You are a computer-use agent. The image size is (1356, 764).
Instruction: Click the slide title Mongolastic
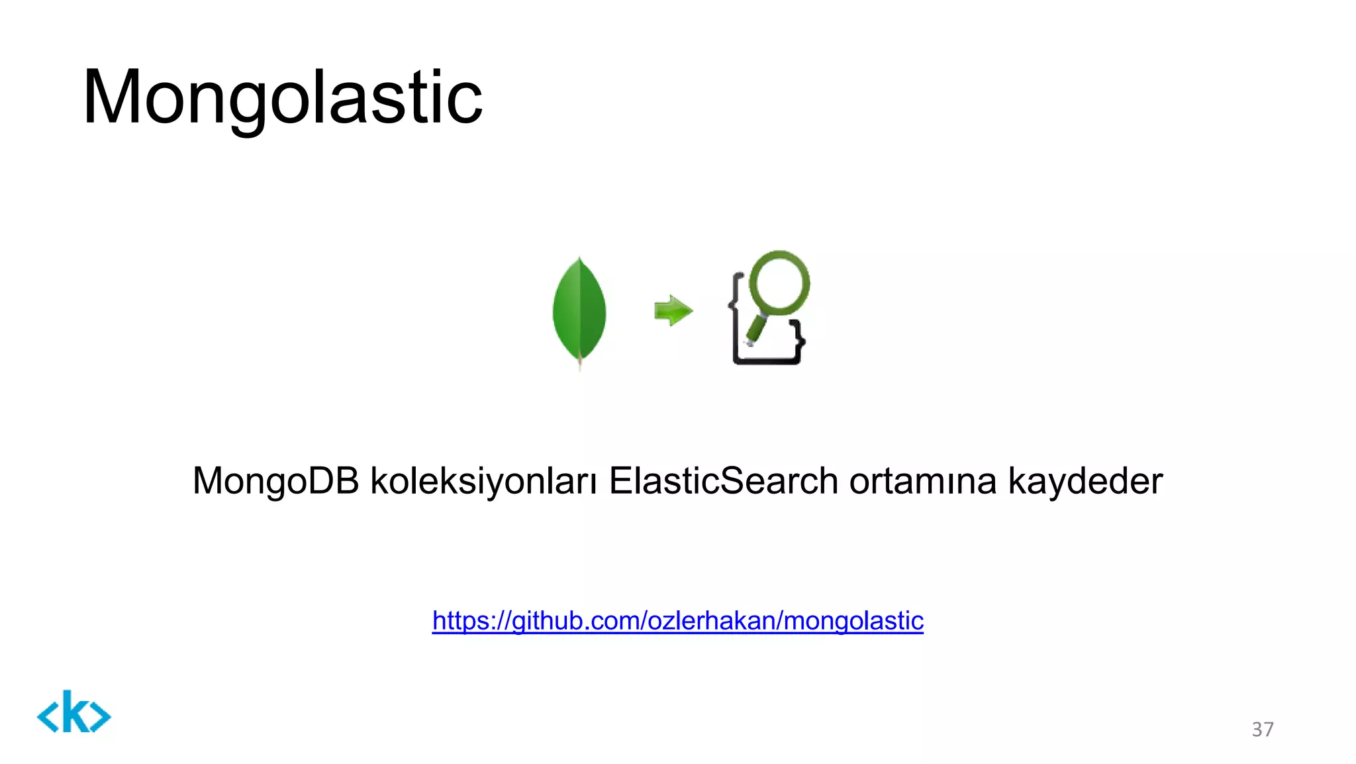283,97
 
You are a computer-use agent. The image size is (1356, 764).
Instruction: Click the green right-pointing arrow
673,310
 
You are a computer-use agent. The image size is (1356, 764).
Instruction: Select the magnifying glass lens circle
779,280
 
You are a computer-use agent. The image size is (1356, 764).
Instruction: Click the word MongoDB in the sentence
275,481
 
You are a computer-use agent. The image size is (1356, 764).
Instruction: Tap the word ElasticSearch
723,481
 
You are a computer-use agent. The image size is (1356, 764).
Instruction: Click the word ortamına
922,481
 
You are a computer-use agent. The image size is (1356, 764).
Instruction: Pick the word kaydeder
1085,481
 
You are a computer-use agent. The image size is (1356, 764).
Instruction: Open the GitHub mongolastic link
677,621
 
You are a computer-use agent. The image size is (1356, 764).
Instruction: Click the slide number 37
1262,730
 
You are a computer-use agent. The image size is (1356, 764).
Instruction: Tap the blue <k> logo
73,712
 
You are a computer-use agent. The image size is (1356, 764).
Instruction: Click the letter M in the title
111,97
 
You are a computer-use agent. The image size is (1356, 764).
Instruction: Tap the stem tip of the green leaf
580,365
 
